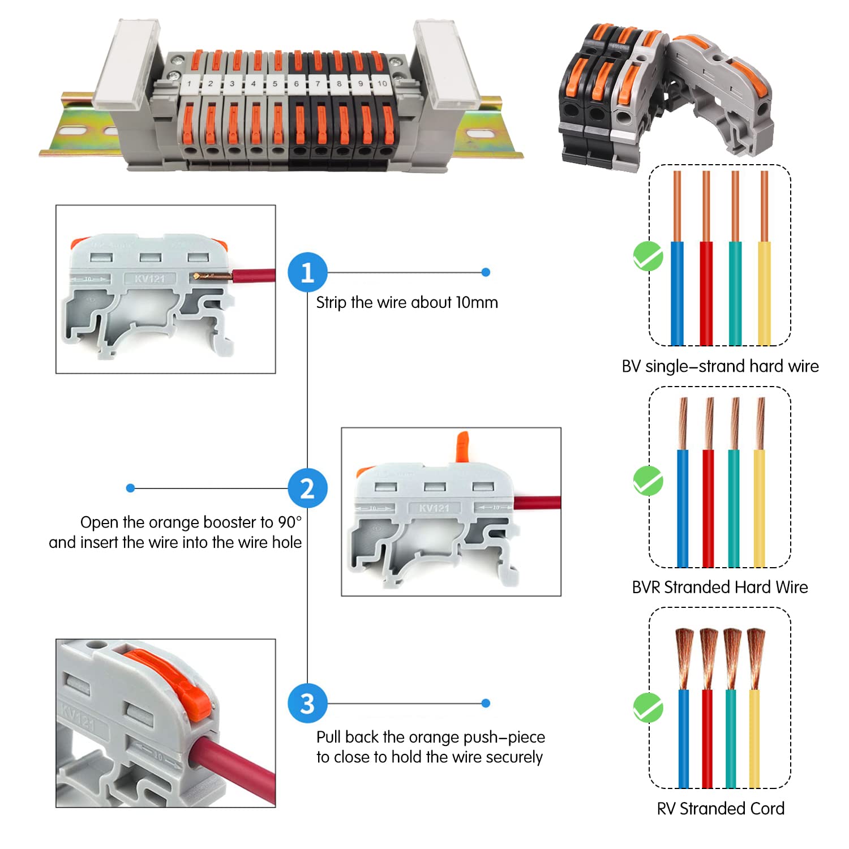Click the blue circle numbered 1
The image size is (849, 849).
307,272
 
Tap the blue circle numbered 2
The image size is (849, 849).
307,488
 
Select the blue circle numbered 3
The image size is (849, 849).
307,704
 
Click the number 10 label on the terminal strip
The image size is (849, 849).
382,83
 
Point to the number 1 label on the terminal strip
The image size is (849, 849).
189,84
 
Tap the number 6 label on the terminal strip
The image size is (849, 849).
296,84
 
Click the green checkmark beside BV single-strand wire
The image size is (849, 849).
648,256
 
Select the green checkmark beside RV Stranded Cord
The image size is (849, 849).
648,707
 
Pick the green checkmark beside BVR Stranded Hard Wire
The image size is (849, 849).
648,481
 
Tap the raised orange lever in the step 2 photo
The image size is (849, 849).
462,447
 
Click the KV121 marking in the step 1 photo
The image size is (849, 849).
149,278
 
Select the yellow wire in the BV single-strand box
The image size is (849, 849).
764,293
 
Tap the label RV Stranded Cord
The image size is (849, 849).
721,808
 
